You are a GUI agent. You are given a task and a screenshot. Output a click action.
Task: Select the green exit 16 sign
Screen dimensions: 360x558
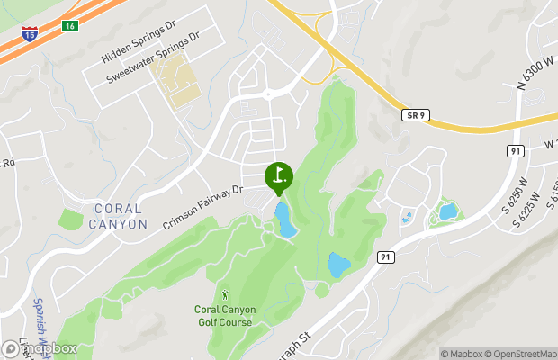tap(69, 26)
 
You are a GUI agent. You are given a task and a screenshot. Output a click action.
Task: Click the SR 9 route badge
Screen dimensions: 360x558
tap(413, 115)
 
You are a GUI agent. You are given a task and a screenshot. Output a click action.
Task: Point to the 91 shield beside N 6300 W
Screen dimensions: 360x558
tap(515, 150)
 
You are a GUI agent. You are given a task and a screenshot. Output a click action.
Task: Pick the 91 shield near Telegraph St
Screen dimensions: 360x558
tap(386, 257)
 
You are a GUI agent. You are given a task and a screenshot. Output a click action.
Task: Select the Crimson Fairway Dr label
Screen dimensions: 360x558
tap(203, 207)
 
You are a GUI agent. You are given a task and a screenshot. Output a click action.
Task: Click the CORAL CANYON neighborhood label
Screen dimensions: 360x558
tap(120, 217)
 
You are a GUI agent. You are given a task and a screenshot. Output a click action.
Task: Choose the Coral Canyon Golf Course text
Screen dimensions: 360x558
tap(225, 317)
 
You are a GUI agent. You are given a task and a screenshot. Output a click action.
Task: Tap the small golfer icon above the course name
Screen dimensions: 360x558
tap(224, 294)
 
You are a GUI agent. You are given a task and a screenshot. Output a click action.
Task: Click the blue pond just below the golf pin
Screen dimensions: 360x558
tap(285, 220)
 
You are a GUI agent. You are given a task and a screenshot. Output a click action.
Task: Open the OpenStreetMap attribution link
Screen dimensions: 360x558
tap(522, 353)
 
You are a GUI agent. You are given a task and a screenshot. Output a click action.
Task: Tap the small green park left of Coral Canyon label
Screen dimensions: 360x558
tap(71, 219)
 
